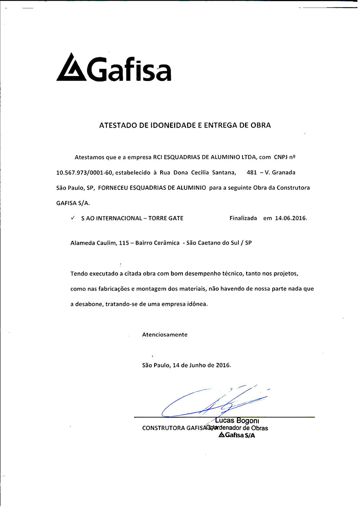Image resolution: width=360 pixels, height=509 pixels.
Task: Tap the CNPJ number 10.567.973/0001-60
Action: pyautogui.click(x=84, y=173)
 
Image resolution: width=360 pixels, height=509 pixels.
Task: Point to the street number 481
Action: pyautogui.click(x=252, y=173)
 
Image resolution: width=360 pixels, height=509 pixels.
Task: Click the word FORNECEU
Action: pyautogui.click(x=113, y=188)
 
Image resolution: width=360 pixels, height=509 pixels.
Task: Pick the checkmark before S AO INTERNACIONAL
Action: pyautogui.click(x=73, y=218)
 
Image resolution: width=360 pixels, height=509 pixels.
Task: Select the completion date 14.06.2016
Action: pyautogui.click(x=291, y=218)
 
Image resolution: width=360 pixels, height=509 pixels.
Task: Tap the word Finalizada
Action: pyautogui.click(x=243, y=218)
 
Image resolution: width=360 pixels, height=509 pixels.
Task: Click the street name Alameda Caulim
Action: pyautogui.click(x=94, y=243)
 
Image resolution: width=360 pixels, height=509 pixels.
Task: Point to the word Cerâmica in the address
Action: pyautogui.click(x=167, y=243)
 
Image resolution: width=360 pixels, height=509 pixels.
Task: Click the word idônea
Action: pyautogui.click(x=197, y=304)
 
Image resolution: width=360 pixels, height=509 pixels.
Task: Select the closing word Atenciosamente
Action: pyautogui.click(x=165, y=335)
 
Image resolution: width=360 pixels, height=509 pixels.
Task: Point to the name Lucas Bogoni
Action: pyautogui.click(x=237, y=421)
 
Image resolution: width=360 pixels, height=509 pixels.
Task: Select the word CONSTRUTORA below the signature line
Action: pyautogui.click(x=163, y=428)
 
